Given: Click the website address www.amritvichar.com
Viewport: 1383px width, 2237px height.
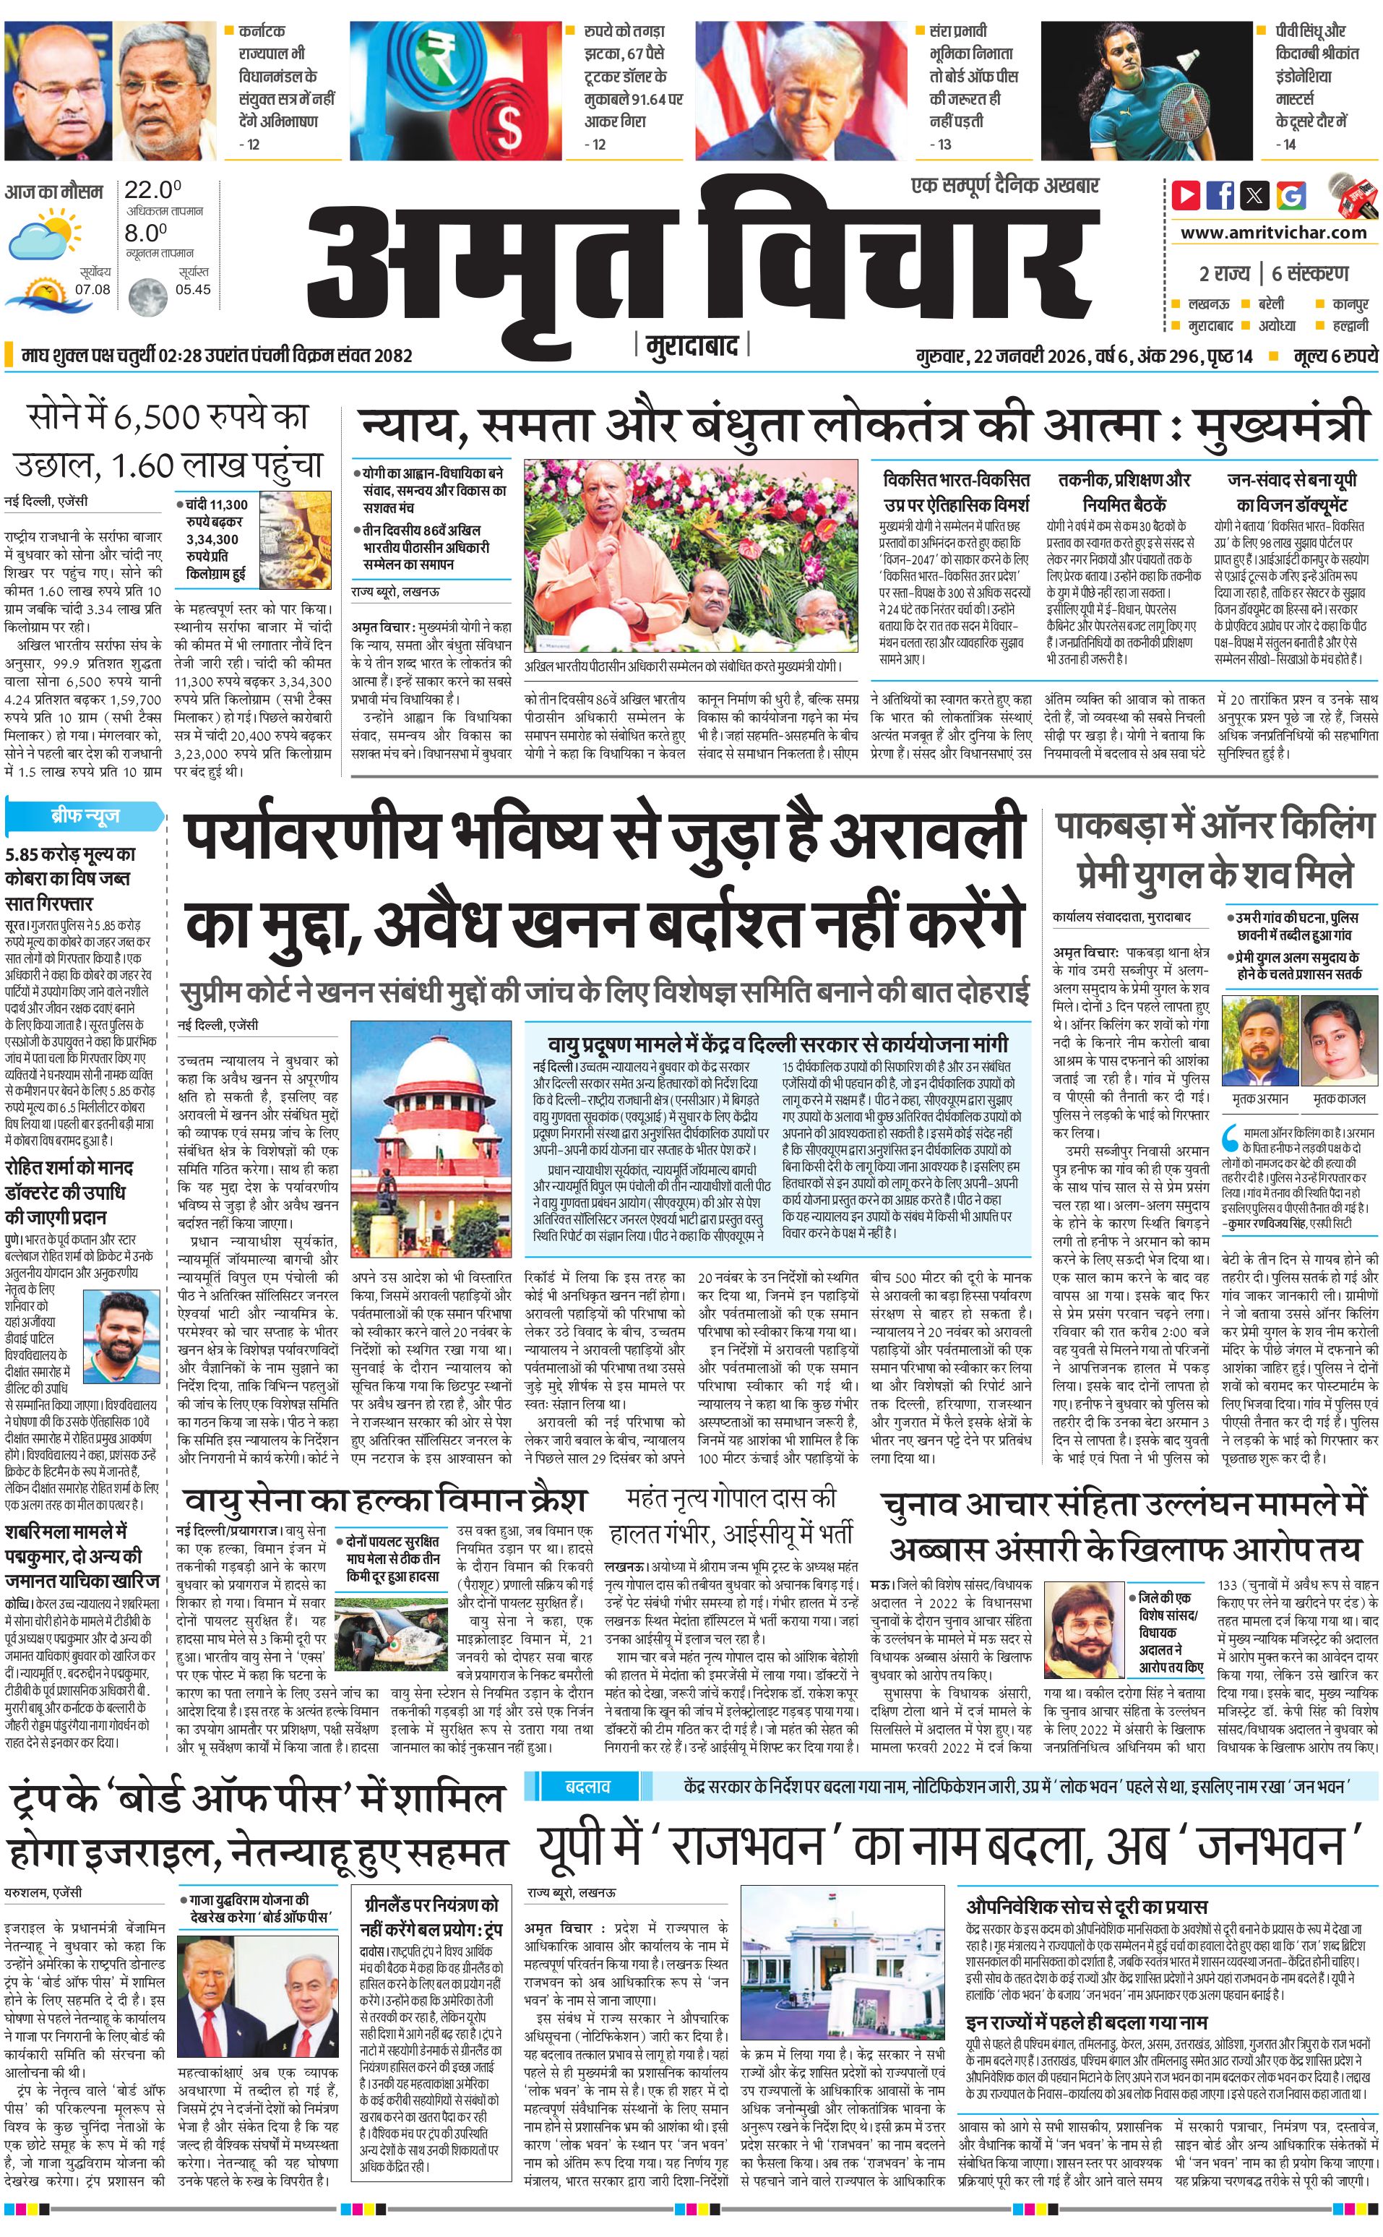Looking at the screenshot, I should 1273,233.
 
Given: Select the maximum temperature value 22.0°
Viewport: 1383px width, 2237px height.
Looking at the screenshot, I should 152,190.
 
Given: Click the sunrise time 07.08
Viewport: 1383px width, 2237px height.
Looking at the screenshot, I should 92,289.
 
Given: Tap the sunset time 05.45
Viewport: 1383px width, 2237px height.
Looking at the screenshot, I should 193,289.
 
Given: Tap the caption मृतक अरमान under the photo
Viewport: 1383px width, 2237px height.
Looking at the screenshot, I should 1259,1098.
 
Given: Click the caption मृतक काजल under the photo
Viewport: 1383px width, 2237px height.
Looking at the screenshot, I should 1338,1098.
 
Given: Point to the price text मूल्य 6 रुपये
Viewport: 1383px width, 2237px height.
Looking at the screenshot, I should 1335,356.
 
